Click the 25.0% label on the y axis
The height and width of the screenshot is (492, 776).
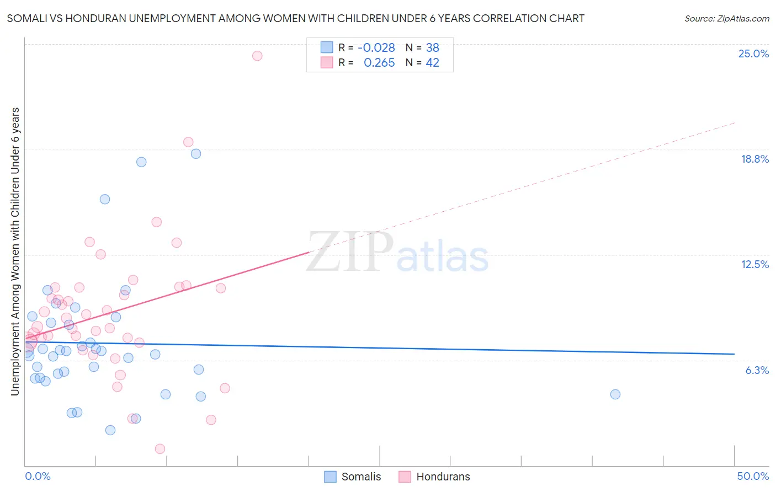click(753, 54)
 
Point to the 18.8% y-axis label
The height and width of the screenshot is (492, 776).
click(754, 159)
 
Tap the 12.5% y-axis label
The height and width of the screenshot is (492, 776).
click(754, 264)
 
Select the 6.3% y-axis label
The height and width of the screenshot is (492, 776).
click(757, 370)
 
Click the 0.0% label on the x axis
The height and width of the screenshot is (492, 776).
click(38, 476)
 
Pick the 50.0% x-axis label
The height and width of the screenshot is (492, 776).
click(752, 476)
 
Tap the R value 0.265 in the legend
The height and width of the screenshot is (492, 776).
click(379, 63)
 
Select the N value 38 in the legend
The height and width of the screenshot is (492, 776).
click(432, 48)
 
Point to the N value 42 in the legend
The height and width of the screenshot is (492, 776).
click(432, 63)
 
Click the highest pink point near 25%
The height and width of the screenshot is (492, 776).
click(257, 56)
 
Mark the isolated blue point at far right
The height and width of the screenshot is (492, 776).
click(615, 394)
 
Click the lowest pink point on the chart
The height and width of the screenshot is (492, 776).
click(160, 449)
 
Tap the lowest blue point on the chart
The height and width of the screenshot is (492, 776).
click(110, 430)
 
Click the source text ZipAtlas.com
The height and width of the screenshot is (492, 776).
click(726, 19)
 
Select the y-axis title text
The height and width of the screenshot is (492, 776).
click(15, 251)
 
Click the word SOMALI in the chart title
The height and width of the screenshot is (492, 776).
click(25, 19)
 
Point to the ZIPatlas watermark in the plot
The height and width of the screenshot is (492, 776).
click(397, 253)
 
